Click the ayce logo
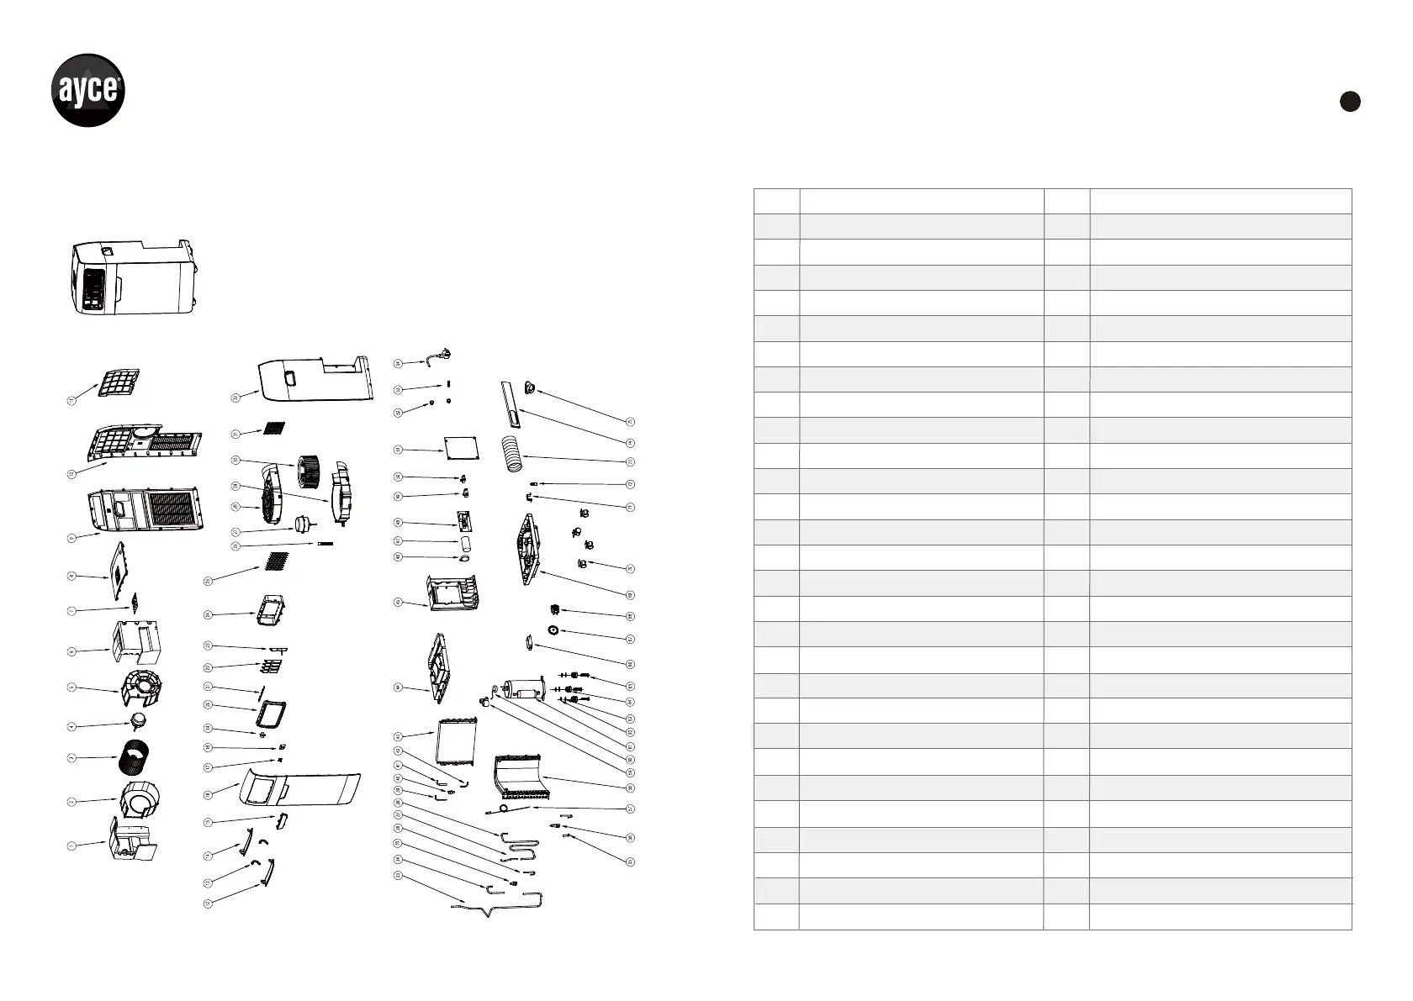88,90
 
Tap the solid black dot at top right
1349,101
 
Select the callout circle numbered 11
71,402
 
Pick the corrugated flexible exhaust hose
515,454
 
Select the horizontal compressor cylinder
521,691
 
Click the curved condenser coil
521,777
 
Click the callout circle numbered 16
208,794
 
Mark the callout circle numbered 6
71,651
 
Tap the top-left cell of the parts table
776,201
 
